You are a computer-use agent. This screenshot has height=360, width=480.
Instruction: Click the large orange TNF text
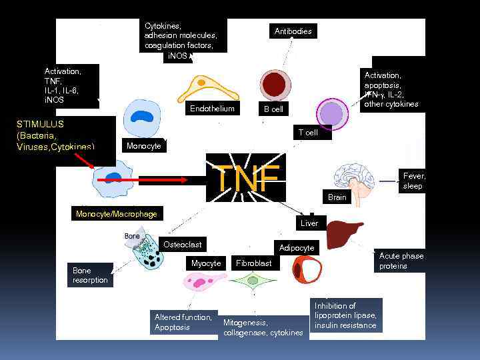pos(246,178)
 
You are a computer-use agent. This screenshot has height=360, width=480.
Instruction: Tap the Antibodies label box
pos(293,31)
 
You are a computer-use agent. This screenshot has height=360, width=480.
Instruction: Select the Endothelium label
pos(212,109)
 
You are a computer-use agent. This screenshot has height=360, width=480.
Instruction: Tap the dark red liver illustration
pos(348,235)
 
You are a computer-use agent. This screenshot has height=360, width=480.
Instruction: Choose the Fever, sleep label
pos(413,181)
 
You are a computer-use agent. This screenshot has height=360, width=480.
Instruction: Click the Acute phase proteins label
pos(401,261)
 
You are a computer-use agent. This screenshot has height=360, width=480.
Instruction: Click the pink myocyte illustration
pos(201,283)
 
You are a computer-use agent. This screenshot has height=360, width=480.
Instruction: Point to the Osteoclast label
pos(183,245)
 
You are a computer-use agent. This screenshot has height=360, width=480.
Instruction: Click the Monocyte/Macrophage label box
pos(117,214)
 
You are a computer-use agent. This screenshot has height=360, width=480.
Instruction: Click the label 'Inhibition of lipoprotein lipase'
pos(345,315)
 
